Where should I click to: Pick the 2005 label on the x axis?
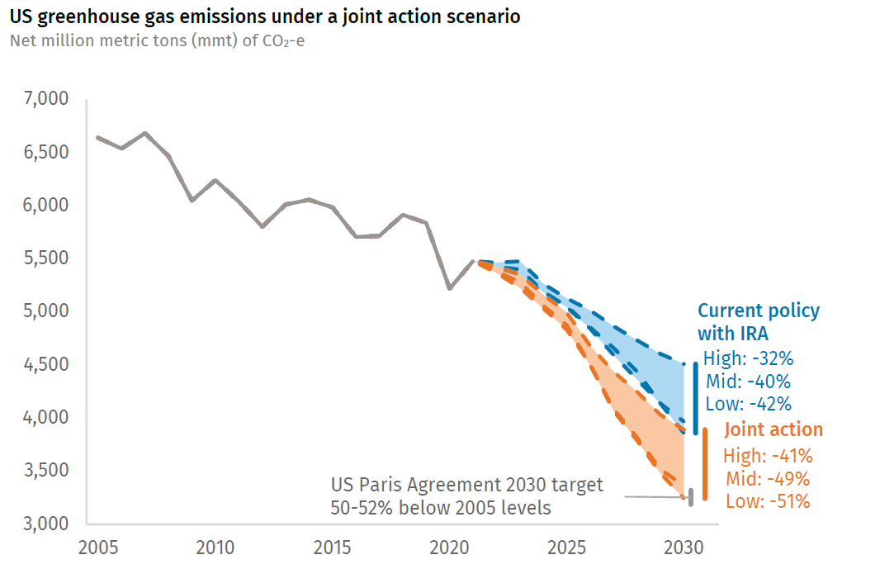coord(97,548)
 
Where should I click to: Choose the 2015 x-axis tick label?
coord(332,548)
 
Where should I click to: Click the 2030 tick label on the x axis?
coord(684,548)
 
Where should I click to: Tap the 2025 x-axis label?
coord(566,548)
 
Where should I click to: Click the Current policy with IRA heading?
coord(759,322)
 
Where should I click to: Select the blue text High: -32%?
coord(748,359)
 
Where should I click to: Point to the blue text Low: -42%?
coord(748,404)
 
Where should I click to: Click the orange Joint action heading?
coord(774,429)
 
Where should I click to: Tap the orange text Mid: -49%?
coord(768,479)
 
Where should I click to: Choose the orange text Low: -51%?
coord(768,501)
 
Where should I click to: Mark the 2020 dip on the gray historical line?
coord(449,288)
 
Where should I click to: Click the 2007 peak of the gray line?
coord(145,133)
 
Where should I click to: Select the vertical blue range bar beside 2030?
coord(696,398)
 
